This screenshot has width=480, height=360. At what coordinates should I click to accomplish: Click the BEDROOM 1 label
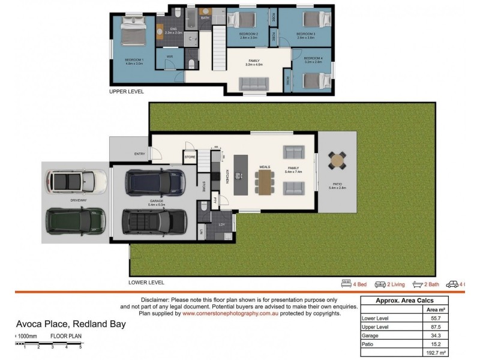point(134,61)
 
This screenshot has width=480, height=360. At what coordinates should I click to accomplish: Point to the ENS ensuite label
point(173,31)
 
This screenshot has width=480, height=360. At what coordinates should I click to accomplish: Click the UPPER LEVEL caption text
point(126,92)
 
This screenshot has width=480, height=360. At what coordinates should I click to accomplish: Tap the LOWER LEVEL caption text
point(146,282)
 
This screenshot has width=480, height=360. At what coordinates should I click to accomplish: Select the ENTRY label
point(139,154)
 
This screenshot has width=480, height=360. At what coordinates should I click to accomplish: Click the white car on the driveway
point(77,179)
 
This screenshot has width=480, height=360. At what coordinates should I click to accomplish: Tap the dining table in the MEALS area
point(265,183)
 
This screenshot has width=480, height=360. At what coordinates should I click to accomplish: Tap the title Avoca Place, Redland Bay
point(71,325)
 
